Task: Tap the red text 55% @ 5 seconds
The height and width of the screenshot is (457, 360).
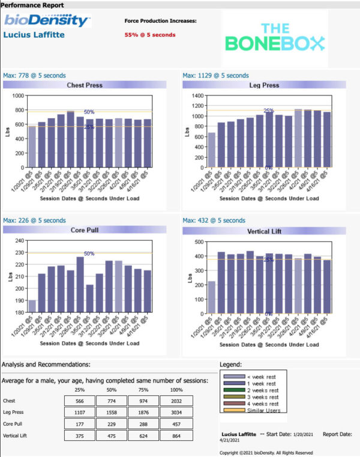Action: (150, 35)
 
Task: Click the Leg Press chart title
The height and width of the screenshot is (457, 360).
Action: (265, 85)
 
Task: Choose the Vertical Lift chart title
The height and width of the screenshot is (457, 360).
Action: (265, 230)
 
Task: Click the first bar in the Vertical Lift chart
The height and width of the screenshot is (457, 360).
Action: (211, 297)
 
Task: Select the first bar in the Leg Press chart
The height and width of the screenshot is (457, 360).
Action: (211, 150)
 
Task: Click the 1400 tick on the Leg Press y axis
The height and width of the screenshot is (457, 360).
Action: (196, 96)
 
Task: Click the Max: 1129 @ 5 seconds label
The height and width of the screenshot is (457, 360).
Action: (215, 76)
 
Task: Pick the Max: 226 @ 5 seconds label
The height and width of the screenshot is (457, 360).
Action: (34, 220)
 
